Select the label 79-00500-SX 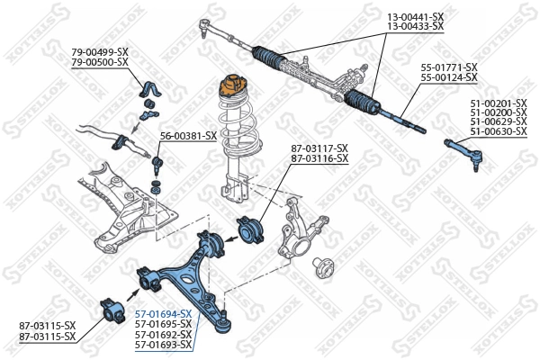tap(100, 61)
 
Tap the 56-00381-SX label tap(188, 136)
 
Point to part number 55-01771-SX tap(449, 67)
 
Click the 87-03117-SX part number tap(319, 148)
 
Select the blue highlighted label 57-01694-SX tap(163, 312)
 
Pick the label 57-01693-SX tap(163, 345)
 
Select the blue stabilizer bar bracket tap(147, 88)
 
